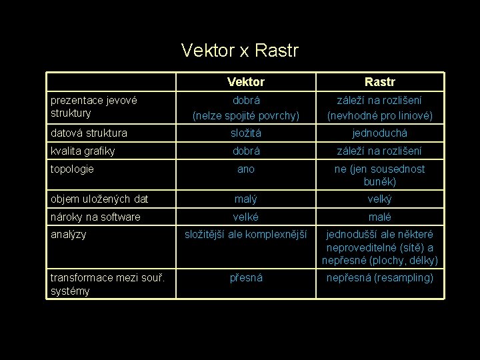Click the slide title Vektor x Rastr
(x=240, y=50)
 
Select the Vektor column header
(x=245, y=82)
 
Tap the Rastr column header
(x=379, y=82)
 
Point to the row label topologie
(x=72, y=169)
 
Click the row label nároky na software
(x=95, y=217)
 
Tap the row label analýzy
(x=68, y=234)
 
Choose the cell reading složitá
(x=245, y=133)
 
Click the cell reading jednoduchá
(x=379, y=133)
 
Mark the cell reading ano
(x=245, y=169)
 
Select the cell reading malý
(x=245, y=199)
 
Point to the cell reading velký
(x=379, y=199)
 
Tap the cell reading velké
(x=245, y=217)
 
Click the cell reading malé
(x=379, y=217)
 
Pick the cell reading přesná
(x=245, y=277)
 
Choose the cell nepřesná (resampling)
(x=379, y=277)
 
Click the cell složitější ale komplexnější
(x=245, y=235)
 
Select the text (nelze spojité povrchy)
(x=245, y=115)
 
